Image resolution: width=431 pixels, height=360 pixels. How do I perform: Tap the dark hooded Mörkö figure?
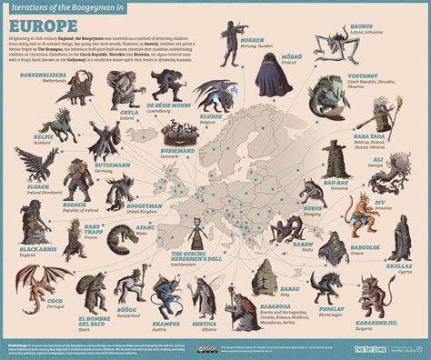[x=266, y=80]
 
